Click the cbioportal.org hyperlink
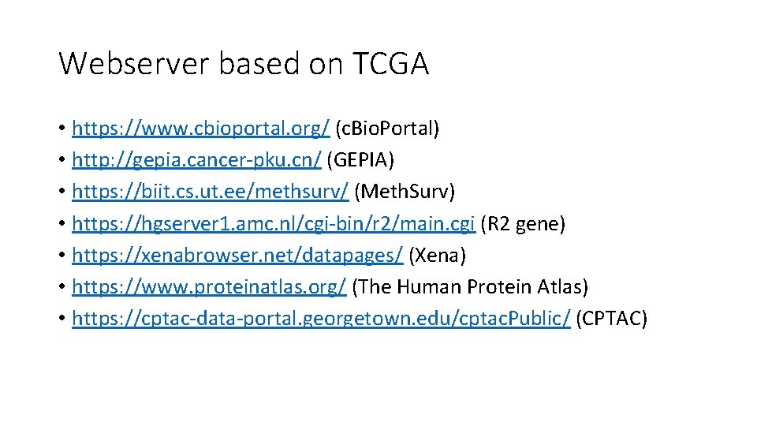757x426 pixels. point(200,128)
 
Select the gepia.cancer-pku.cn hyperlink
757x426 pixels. point(196,160)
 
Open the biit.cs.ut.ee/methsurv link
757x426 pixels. point(210,192)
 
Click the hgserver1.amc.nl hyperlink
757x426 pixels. point(273,224)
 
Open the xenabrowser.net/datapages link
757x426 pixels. point(237,256)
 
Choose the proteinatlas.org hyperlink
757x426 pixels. point(209,287)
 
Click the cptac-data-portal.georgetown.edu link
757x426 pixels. point(321,319)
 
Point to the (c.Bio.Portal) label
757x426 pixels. point(387,128)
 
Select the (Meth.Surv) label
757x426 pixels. point(405,192)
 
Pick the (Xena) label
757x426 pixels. point(438,256)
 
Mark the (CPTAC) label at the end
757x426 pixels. point(612,319)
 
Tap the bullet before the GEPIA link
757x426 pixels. point(62,161)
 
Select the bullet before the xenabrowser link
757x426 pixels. point(62,256)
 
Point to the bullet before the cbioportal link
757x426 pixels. point(62,129)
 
